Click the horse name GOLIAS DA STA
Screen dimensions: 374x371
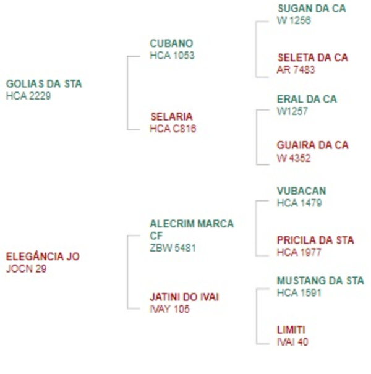(43, 83)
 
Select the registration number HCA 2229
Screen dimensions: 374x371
(28, 96)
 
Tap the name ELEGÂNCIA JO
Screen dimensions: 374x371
(43, 256)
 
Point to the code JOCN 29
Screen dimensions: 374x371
(26, 268)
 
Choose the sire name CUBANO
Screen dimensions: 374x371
(171, 43)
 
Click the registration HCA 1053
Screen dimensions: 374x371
(172, 56)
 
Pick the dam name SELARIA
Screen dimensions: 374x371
(171, 116)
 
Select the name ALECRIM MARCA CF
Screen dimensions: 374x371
(191, 229)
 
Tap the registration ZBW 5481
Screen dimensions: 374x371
(173, 248)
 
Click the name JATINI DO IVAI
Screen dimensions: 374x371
(184, 297)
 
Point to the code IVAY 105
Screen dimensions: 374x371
(169, 309)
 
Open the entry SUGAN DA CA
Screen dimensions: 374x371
(312, 9)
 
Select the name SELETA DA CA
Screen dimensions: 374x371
(313, 57)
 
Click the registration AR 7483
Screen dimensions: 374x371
(296, 70)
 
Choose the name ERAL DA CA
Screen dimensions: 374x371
(307, 99)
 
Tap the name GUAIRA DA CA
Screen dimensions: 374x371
(313, 145)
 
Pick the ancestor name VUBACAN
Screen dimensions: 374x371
(301, 191)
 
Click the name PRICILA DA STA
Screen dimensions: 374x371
(315, 240)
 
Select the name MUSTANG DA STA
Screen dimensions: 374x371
(320, 281)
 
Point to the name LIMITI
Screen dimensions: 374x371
(291, 329)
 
